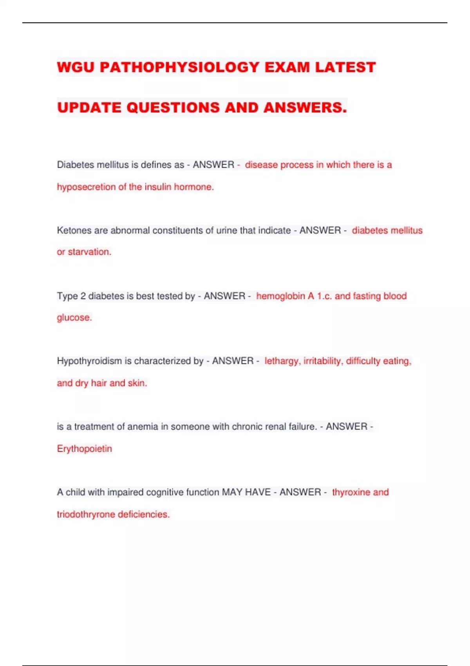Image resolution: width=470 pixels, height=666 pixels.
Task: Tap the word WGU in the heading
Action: [76, 67]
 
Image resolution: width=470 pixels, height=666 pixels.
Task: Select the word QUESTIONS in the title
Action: [173, 108]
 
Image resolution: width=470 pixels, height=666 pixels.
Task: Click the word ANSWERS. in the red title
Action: [305, 108]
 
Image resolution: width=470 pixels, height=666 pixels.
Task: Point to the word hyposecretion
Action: [86, 187]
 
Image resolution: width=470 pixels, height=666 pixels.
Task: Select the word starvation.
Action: [90, 252]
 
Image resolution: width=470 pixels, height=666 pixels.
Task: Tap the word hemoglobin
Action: [280, 296]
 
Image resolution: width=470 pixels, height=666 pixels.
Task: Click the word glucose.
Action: [74, 318]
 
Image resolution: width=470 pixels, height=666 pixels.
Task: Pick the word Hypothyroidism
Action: [89, 361]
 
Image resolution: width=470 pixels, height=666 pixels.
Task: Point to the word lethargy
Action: [282, 361]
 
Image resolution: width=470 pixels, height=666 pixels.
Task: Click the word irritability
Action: [323, 361]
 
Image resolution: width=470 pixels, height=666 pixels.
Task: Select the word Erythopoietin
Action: [85, 449]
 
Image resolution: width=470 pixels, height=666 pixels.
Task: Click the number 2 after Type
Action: [83, 296]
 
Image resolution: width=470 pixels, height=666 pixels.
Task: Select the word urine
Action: [227, 230]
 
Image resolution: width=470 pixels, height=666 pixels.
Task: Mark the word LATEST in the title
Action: [345, 67]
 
